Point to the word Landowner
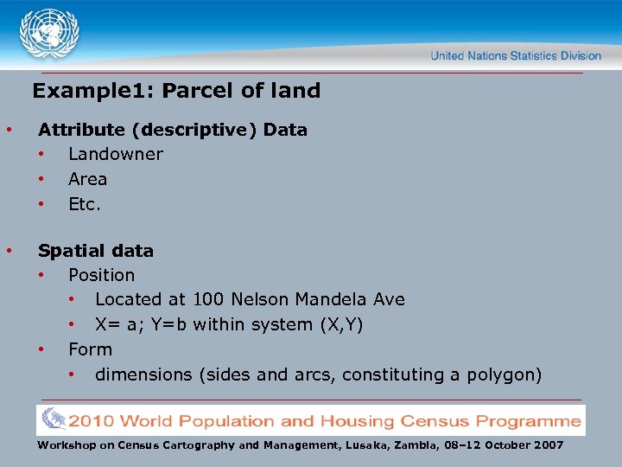[115, 155]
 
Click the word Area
[87, 180]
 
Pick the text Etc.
[85, 205]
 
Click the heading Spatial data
[96, 252]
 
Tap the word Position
[101, 276]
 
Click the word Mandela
[333, 300]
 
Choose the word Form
[90, 350]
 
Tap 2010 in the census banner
[92, 421]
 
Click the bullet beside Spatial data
[9, 252]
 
